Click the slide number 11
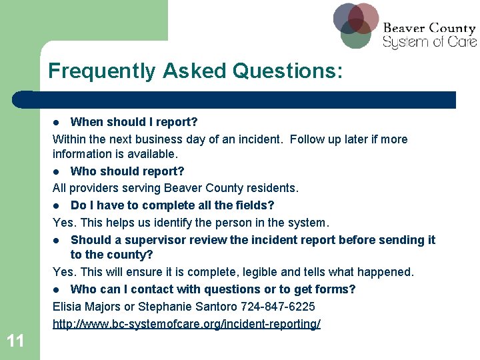click(15, 341)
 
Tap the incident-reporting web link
click(187, 324)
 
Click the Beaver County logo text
click(429, 29)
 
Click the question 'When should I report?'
click(134, 122)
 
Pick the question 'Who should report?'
click(127, 172)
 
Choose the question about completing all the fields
click(172, 205)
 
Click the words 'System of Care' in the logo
click(429, 42)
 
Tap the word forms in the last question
click(337, 289)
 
